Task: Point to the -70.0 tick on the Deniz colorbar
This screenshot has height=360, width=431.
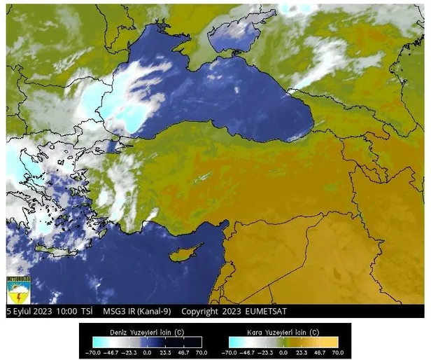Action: coord(92,352)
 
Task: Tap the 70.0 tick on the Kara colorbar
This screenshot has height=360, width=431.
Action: coord(338,352)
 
